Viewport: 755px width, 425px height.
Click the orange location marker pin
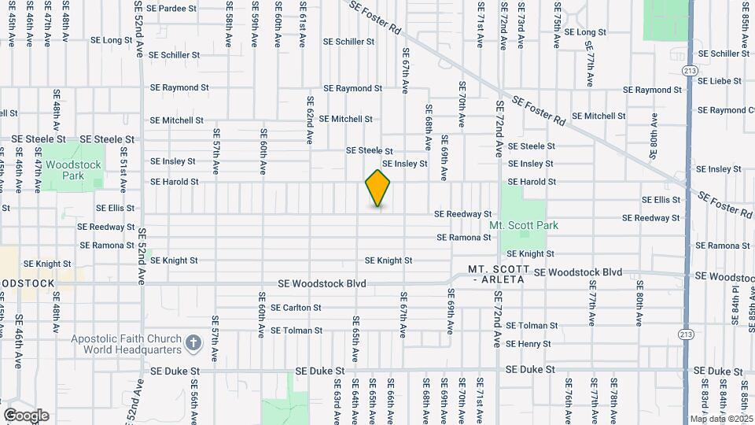point(377,188)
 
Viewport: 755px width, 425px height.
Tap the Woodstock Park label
point(72,170)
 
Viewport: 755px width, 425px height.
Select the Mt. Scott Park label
point(524,225)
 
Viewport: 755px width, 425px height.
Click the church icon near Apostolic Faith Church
point(193,342)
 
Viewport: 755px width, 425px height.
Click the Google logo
point(26,416)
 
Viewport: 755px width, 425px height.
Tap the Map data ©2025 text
point(722,419)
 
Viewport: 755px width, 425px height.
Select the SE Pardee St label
point(171,8)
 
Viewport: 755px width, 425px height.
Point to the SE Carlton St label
point(296,308)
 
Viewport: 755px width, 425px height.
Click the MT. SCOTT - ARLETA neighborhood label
point(497,275)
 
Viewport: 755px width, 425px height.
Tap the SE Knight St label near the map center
point(389,261)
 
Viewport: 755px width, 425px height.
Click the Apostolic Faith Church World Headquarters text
point(127,344)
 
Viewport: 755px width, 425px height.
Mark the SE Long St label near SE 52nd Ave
point(112,39)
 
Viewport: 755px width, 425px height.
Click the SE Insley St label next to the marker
point(404,164)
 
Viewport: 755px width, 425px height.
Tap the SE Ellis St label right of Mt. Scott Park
point(661,200)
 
